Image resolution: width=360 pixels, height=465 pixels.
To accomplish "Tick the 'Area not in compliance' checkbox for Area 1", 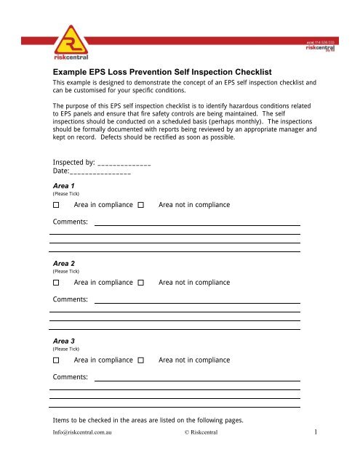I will (140, 206).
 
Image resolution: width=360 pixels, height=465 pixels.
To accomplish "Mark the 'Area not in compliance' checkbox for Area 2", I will (140, 282).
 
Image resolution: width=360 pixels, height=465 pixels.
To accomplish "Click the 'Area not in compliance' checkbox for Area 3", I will (140, 360).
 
